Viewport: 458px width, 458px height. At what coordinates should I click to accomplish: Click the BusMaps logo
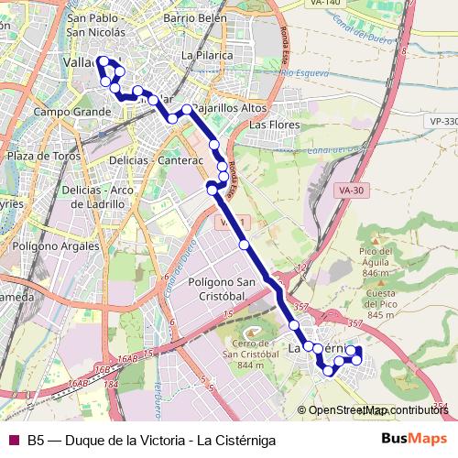[413, 439]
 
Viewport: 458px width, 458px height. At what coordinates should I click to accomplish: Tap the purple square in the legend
[13, 440]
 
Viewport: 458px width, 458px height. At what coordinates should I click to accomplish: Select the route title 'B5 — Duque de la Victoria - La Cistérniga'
[151, 440]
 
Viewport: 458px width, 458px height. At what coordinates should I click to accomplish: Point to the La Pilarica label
[208, 55]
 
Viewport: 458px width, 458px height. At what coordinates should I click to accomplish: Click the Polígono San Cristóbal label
[220, 289]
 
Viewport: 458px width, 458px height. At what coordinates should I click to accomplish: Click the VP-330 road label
[442, 121]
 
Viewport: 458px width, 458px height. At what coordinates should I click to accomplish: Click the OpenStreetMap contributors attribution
[378, 410]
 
